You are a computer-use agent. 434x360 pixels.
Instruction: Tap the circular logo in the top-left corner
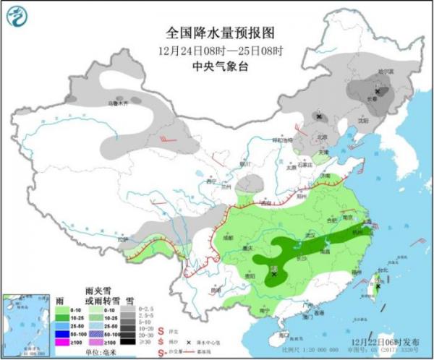click(x=16, y=16)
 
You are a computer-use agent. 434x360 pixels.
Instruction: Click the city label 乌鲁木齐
click(x=117, y=103)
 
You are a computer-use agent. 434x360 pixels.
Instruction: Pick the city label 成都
click(x=229, y=236)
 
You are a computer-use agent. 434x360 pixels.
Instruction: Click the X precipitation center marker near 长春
click(x=377, y=91)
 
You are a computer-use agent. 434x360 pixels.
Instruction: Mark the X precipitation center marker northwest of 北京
click(x=319, y=116)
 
